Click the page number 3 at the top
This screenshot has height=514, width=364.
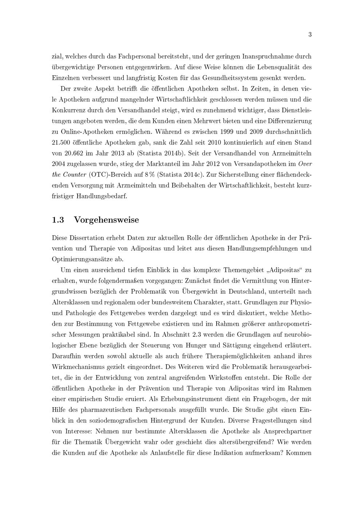click(x=310, y=35)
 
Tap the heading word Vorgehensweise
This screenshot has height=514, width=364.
click(x=106, y=220)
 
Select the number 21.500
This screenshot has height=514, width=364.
click(x=62, y=142)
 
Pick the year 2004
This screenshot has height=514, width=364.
click(x=59, y=164)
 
